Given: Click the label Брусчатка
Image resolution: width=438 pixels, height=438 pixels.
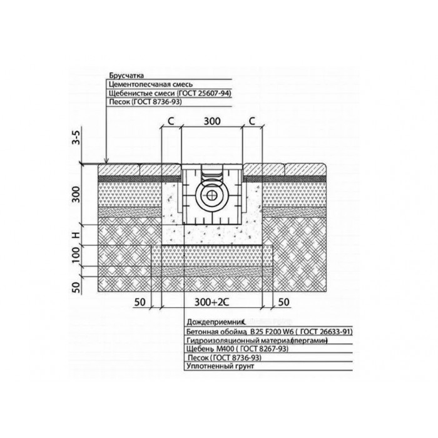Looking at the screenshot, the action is click(126, 76).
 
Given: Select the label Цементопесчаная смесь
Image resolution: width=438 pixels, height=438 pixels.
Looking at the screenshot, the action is click(151, 84).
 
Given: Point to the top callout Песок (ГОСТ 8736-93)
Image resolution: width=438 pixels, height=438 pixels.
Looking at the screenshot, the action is click(145, 101).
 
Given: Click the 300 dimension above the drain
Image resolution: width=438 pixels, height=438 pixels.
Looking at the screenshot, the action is click(212, 121).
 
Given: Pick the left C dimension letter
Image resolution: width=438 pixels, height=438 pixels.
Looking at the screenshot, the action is click(171, 121).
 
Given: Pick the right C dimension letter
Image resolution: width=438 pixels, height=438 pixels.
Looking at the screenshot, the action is click(252, 121).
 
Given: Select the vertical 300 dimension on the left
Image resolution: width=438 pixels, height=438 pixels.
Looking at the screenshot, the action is click(76, 195).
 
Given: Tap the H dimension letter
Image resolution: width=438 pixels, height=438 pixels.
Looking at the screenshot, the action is click(76, 235).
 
